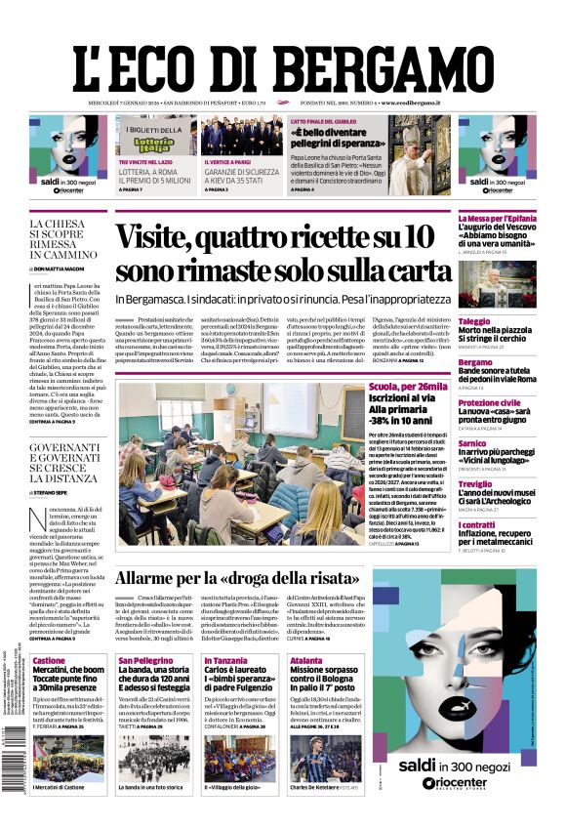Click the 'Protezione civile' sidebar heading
(489, 402)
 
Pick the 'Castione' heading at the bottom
(49, 661)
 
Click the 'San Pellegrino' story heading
(145, 661)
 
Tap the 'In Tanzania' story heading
(225, 661)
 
